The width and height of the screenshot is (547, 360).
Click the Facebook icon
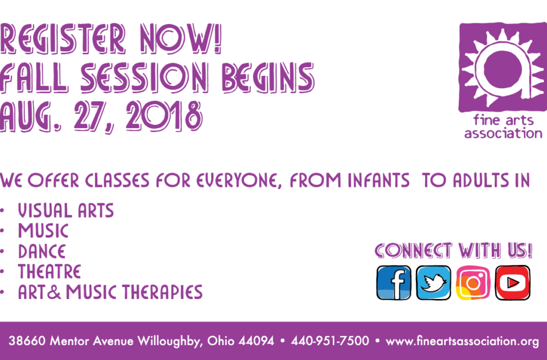click(394, 283)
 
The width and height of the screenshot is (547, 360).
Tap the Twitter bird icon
click(433, 283)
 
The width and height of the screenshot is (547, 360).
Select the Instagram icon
click(473, 283)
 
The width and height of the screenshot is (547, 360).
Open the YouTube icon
click(512, 283)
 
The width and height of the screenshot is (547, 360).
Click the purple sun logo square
click(503, 67)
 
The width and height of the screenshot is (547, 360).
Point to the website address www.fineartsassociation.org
click(462, 341)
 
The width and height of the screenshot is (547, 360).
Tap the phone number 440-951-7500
click(330, 341)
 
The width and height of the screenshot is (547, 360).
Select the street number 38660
click(27, 341)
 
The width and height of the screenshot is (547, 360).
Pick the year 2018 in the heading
click(164, 116)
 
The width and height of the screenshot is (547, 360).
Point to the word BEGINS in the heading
click(268, 77)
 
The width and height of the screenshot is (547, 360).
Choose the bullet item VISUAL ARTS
click(66, 211)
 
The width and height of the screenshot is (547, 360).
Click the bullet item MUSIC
click(43, 231)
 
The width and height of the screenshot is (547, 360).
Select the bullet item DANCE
click(42, 252)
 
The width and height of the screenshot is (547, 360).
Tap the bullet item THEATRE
click(50, 272)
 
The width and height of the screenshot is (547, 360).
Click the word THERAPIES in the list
click(162, 292)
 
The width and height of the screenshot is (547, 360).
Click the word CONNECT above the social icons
click(414, 251)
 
